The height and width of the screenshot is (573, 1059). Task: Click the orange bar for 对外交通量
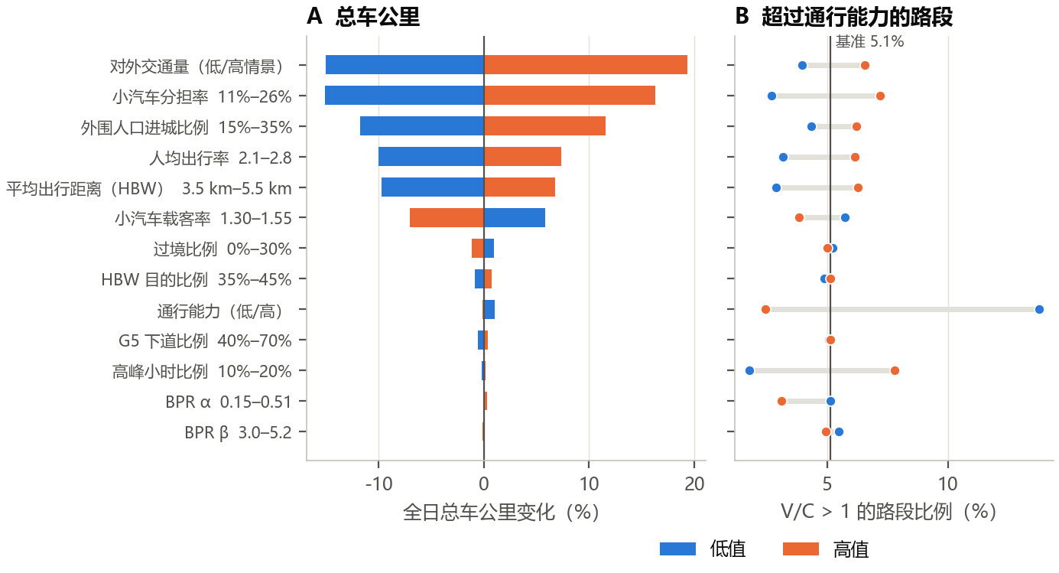585,65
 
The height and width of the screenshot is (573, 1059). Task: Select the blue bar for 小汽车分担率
404,95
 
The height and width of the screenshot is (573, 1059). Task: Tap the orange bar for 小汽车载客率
447,218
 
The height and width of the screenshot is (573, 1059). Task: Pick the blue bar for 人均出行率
431,157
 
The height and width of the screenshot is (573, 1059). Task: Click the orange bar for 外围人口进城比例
544,126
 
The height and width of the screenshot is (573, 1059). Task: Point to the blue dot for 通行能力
1039,309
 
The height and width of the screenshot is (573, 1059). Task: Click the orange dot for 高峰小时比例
895,370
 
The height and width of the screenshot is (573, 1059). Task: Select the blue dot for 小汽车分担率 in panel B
772,96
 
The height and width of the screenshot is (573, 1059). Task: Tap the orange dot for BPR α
781,401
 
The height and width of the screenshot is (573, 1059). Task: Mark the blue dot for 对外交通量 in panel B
802,65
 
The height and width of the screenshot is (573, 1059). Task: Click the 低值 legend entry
703,549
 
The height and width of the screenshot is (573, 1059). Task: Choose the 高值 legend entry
826,549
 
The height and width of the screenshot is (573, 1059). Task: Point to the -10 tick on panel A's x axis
378,484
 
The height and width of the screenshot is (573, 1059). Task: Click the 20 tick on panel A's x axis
694,484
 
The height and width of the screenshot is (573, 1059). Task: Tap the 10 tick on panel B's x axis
948,484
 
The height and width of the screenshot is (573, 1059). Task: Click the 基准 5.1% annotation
869,41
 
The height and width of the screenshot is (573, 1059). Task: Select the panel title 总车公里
378,17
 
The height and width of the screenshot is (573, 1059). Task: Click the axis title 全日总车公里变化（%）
501,512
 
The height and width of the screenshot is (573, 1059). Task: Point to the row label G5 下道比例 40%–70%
205,340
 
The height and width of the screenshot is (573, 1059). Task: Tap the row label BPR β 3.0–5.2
238,432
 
